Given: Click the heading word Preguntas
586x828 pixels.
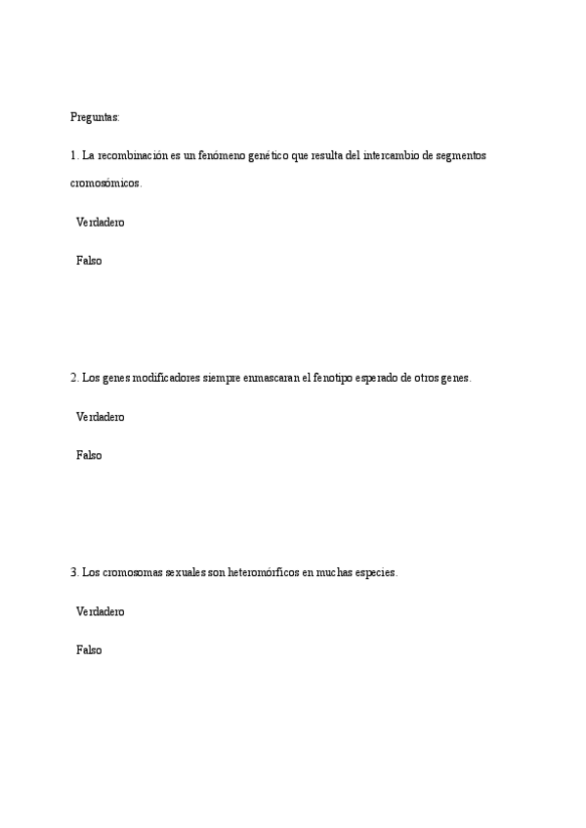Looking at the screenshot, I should pos(95,117).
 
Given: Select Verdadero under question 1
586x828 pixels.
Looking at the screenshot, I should pos(100,223).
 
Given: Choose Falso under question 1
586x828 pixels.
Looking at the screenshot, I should pos(89,261).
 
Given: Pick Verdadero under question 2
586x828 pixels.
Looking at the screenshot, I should pos(100,417).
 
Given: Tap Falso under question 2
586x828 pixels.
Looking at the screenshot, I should pos(89,455).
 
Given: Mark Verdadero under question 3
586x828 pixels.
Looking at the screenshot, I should pos(100,611).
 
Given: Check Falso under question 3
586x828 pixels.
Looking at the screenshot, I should pos(89,649).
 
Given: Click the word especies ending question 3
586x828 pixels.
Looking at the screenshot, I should pos(373,573).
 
